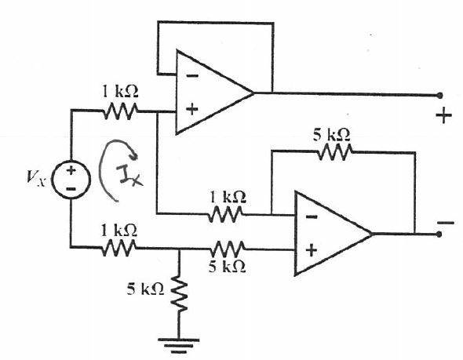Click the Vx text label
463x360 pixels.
tap(36, 178)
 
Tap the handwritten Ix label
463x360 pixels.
tap(129, 176)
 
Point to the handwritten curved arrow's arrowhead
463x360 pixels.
tap(133, 154)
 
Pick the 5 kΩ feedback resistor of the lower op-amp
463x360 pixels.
tap(335, 152)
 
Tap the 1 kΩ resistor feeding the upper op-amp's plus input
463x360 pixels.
tap(121, 111)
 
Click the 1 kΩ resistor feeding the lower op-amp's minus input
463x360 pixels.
tap(225, 214)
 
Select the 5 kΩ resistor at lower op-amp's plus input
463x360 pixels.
tap(228, 249)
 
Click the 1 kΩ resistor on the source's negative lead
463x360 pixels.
tap(118, 248)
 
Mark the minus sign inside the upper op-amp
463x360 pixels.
tap(192, 76)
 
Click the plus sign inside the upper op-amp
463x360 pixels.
tap(192, 110)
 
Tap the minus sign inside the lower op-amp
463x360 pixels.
tap(312, 217)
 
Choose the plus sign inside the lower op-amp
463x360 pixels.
tap(312, 251)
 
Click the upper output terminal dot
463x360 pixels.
tap(439, 96)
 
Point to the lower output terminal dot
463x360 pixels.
tap(439, 235)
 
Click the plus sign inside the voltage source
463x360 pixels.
tap(71, 170)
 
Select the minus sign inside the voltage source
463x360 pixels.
tap(71, 189)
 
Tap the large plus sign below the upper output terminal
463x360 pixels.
tap(444, 115)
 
